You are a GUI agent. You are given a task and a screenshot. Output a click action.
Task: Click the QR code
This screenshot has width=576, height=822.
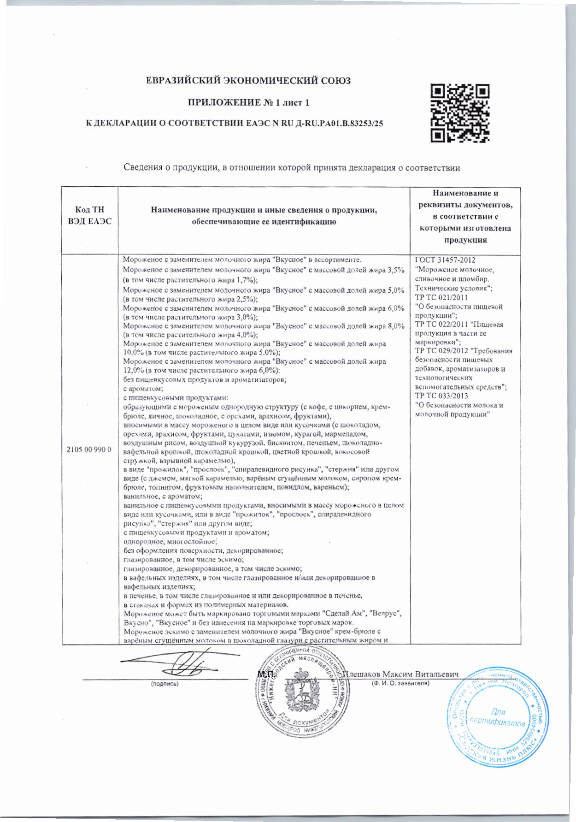click(x=460, y=112)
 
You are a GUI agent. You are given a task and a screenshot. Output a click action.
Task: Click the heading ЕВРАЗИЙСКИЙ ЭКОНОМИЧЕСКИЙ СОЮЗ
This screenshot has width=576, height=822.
click(x=248, y=81)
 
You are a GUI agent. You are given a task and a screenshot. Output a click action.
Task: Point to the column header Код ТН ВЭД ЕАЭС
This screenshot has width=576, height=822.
click(x=89, y=216)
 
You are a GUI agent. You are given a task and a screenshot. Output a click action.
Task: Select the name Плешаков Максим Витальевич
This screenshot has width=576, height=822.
click(x=402, y=674)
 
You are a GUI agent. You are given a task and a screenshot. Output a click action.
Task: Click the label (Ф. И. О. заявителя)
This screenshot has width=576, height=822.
click(x=400, y=683)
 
